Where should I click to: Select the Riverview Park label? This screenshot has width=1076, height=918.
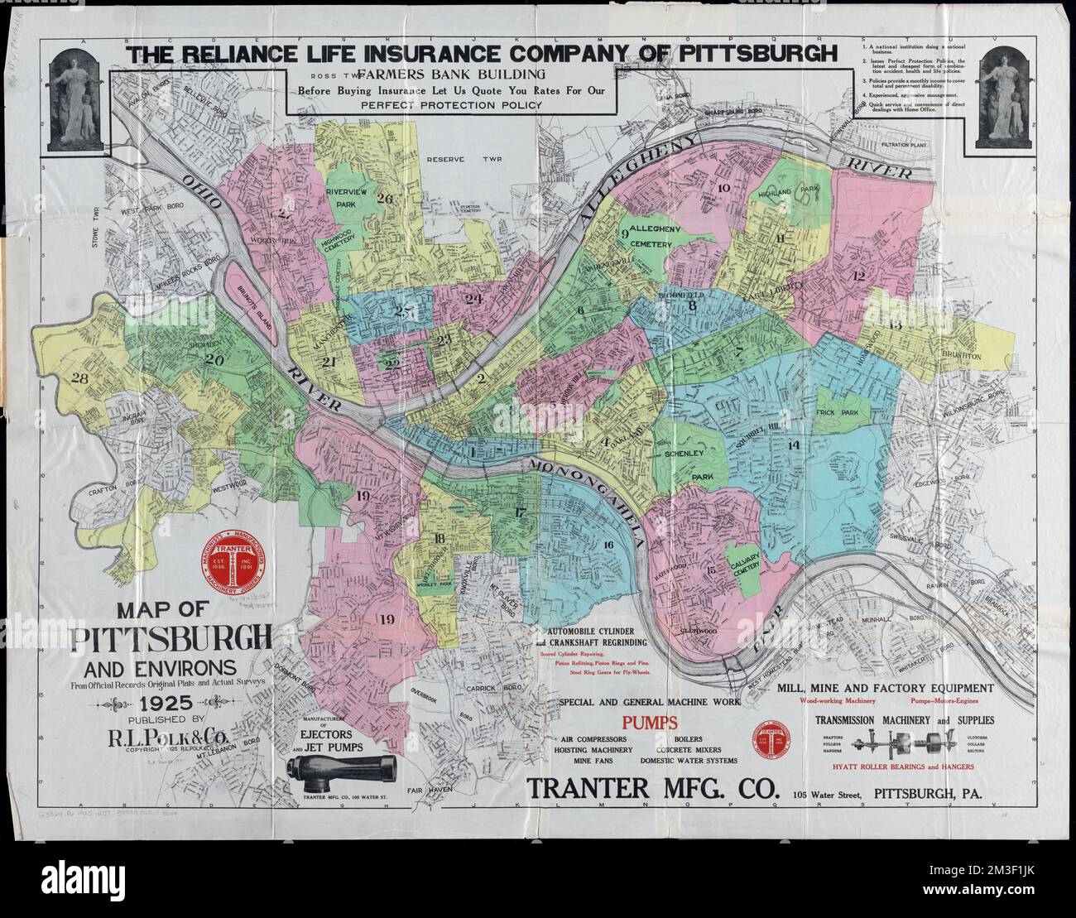click(351, 197)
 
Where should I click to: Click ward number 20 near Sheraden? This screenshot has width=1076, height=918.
click(215, 360)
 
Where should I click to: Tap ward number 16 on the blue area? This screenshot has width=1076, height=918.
click(608, 545)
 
